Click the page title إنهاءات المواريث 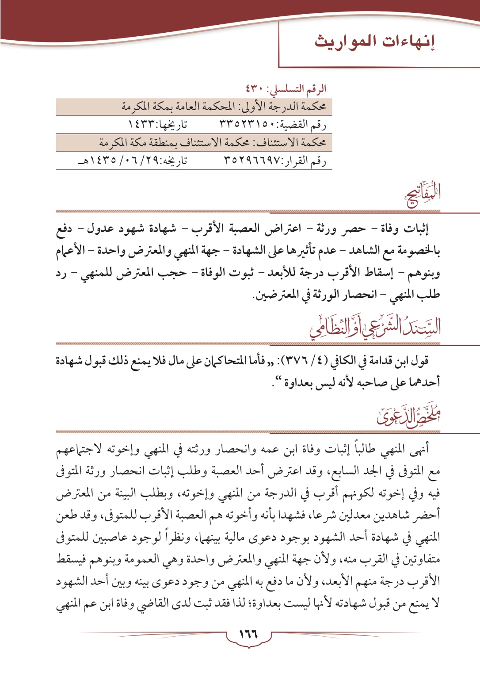(375, 42)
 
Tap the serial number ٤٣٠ (255, 89)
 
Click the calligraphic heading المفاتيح (423, 195)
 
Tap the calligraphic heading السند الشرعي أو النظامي (375, 326)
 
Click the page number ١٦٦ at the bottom (248, 634)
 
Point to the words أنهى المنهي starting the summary (403, 450)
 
